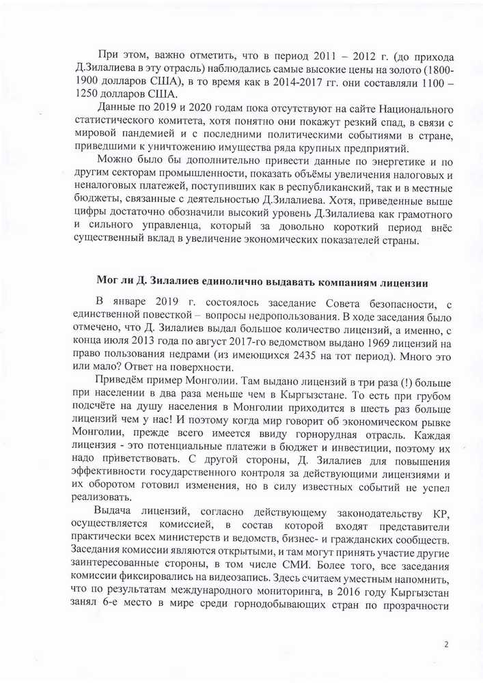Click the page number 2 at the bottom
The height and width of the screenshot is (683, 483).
click(x=445, y=643)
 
